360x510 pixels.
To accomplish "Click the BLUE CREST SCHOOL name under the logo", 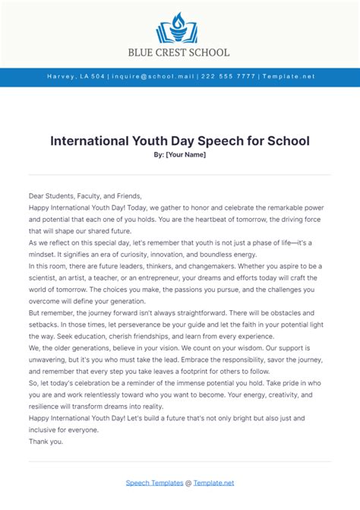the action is pyautogui.click(x=180, y=52).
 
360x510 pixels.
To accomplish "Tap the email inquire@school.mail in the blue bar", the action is pyautogui.click(x=152, y=77).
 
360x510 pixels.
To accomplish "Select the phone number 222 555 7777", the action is pyautogui.click(x=228, y=77).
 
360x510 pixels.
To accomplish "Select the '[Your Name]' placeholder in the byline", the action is pyautogui.click(x=186, y=155).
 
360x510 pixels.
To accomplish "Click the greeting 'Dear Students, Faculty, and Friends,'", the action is pyautogui.click(x=85, y=195).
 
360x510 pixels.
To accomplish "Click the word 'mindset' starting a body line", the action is pyautogui.click(x=46, y=254).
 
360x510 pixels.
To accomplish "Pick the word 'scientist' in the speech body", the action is pyautogui.click(x=46, y=277).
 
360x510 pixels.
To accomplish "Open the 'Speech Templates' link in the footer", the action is pyautogui.click(x=154, y=483).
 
